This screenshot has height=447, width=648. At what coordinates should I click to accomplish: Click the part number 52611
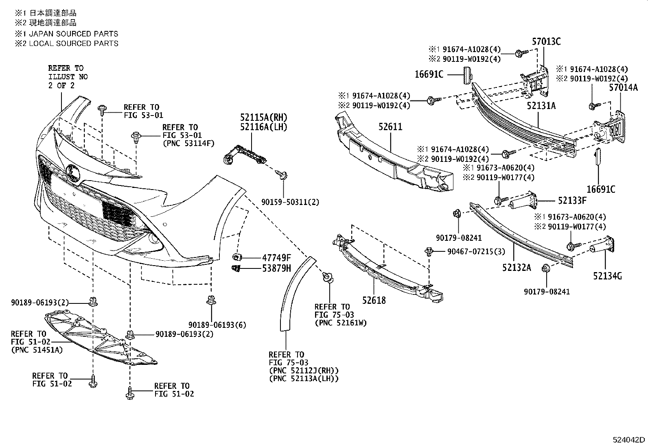390,127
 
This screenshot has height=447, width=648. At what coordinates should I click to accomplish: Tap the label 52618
374,301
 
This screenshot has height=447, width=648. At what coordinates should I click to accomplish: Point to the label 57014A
623,87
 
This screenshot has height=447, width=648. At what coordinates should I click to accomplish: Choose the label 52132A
517,267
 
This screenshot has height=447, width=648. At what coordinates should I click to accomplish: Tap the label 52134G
607,276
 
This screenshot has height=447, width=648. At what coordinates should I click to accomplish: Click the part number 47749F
277,257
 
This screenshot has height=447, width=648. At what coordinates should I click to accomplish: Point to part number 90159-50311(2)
291,202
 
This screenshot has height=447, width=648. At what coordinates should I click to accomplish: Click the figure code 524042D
629,440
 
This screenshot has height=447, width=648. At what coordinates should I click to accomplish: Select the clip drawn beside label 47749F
236,257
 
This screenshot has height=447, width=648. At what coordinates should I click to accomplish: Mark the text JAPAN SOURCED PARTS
73,34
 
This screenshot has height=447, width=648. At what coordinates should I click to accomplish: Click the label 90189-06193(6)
217,325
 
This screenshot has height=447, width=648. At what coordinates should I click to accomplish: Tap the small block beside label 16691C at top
466,75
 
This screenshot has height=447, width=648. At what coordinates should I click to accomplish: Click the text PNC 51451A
37,350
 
